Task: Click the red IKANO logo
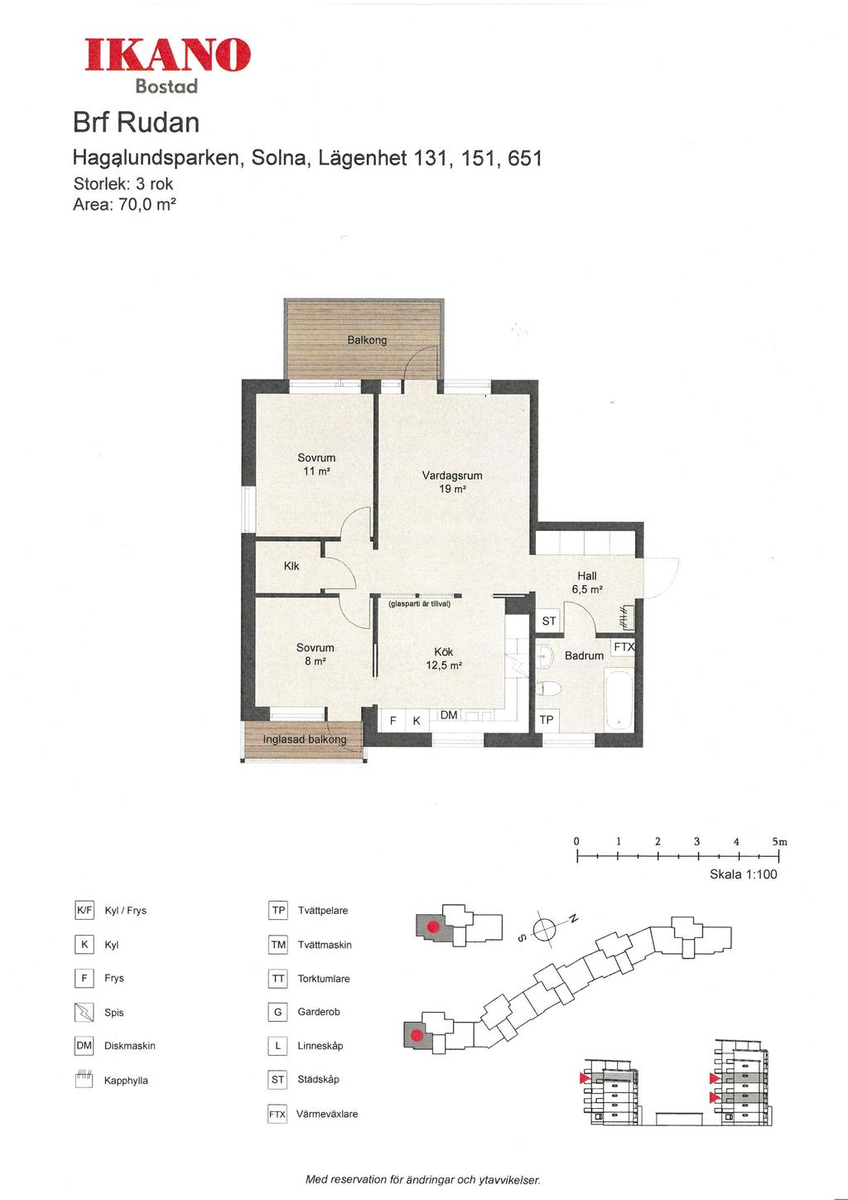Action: coord(167,55)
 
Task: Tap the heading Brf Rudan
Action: coord(136,123)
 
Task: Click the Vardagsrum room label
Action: coord(452,475)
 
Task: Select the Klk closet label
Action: coord(291,566)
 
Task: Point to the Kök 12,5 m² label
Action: coord(444,658)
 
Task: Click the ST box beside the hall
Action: coord(549,621)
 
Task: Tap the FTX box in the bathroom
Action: coord(624,647)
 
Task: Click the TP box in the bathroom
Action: coord(547,719)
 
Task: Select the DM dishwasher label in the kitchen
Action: coord(449,714)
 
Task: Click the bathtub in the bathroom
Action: coord(619,699)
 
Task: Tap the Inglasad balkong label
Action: coord(304,739)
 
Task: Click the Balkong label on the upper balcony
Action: coord(367,340)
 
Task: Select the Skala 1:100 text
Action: coord(743,873)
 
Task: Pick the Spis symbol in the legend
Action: coord(84,1012)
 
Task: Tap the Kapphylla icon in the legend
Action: coord(84,1079)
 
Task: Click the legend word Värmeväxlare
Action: coord(327,1114)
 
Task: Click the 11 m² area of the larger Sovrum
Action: coord(316,471)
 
